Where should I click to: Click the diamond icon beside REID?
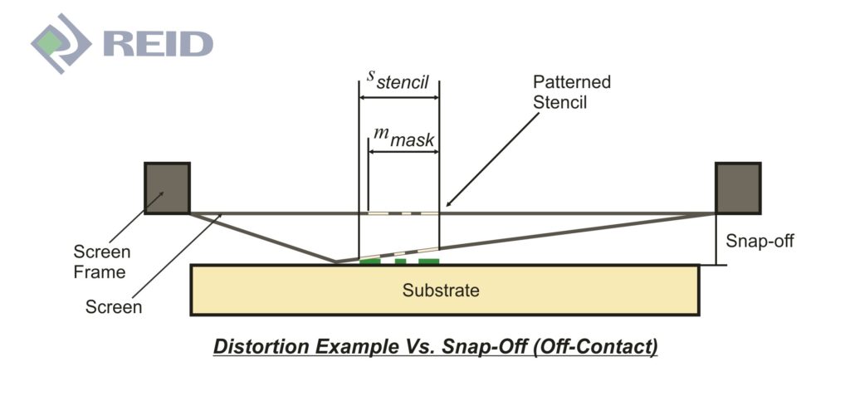60,44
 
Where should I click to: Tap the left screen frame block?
167,188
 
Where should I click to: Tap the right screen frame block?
738,188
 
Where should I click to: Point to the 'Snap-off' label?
760,242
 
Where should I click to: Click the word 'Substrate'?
441,291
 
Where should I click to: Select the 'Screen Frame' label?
100,262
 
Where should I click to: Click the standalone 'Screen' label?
114,306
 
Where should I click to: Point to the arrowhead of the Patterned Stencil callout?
448,204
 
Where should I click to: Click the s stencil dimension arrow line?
398,97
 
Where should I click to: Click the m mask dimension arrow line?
403,153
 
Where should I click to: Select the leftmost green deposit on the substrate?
370,262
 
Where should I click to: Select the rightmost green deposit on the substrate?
428,262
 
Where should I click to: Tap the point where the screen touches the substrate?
336,262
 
